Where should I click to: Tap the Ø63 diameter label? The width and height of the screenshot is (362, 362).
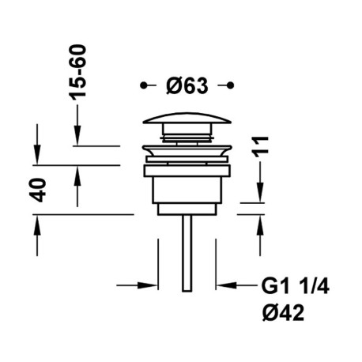(187, 85)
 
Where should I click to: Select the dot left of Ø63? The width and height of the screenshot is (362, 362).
(142, 85)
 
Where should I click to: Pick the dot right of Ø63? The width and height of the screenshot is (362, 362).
(231, 85)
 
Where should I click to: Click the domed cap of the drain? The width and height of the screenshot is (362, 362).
(187, 121)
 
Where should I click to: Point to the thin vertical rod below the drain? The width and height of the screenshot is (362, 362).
(187, 253)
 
